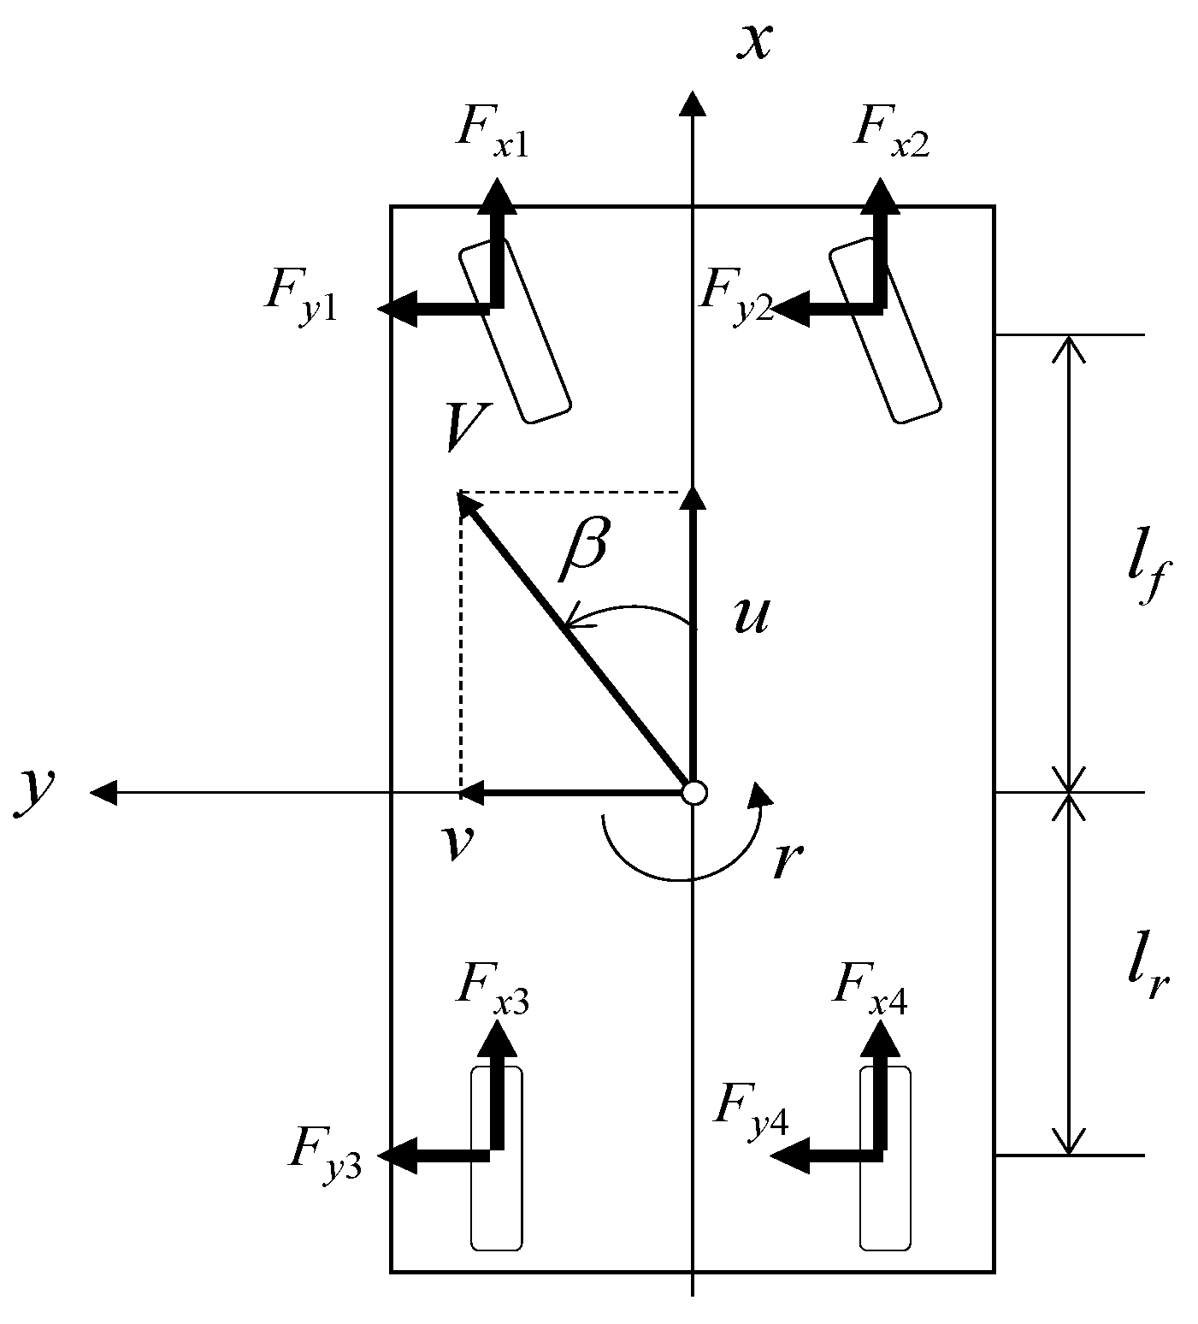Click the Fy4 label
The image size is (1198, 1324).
(x=751, y=1107)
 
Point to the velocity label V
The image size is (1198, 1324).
(x=467, y=428)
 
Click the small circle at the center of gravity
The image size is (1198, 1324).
(x=694, y=793)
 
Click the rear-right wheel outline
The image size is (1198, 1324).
(x=885, y=1197)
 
